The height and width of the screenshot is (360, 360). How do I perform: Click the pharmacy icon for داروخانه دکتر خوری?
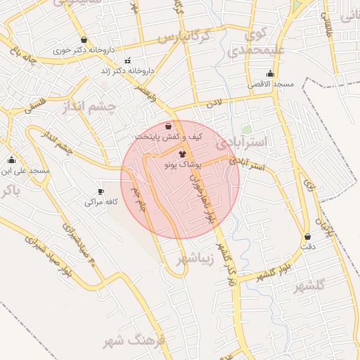point(84,40)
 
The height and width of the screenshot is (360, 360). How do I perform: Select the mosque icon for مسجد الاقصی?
point(271,73)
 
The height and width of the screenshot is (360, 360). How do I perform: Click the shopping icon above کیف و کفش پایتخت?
point(168,126)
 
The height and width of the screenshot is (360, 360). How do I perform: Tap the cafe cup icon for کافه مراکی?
point(101,191)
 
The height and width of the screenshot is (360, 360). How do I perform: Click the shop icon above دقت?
point(307,236)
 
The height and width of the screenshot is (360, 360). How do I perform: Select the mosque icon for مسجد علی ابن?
point(11,160)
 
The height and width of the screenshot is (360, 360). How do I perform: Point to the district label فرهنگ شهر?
point(133,341)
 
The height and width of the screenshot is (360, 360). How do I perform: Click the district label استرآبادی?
point(242,143)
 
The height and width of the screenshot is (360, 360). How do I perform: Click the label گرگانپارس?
point(184,36)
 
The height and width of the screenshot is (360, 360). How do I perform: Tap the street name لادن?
point(213,103)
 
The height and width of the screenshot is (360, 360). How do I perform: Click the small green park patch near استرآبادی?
point(247,129)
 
